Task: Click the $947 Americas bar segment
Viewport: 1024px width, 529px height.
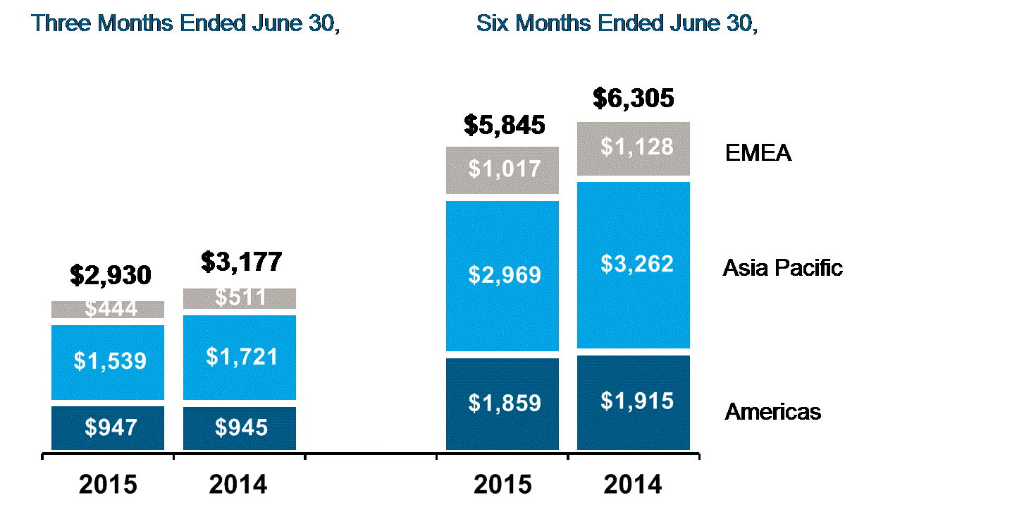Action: click(108, 427)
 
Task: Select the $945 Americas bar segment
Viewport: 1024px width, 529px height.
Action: click(239, 427)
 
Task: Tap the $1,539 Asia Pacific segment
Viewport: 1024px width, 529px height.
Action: click(108, 361)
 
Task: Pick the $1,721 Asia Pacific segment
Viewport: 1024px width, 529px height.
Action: click(239, 356)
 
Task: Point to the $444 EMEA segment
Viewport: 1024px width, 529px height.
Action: click(108, 310)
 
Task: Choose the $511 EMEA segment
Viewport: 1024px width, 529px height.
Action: click(239, 298)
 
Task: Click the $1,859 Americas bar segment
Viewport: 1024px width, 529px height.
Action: click(502, 403)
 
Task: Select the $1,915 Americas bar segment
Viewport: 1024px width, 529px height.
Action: click(634, 402)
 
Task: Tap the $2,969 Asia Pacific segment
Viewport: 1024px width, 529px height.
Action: click(502, 275)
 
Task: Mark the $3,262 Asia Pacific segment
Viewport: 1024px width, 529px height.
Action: click(634, 264)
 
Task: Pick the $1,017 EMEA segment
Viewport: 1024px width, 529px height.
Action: click(502, 170)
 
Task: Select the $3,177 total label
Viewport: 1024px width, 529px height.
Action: click(241, 262)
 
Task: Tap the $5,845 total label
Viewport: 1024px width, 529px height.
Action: click(505, 126)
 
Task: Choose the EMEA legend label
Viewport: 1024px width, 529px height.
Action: click(758, 153)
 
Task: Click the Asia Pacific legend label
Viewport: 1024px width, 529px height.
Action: click(782, 268)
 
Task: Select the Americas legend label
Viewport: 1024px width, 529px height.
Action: click(772, 412)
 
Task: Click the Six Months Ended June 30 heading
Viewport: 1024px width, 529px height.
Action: click(617, 23)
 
